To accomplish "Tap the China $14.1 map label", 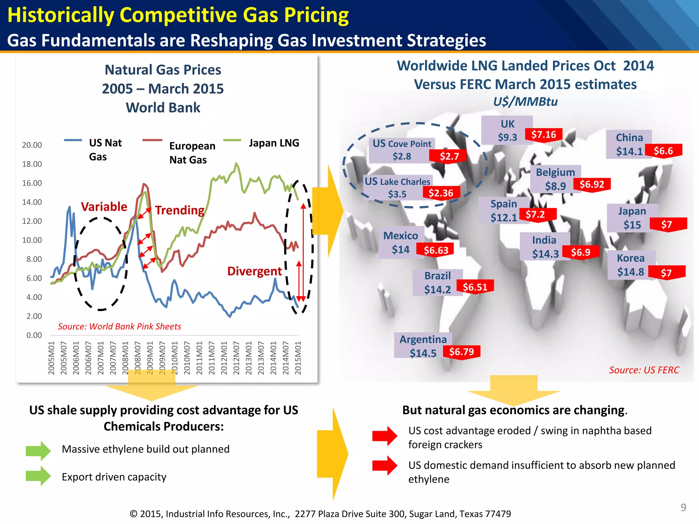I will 629,144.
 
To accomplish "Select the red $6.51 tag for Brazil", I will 475,287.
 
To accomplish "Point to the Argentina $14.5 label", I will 423,346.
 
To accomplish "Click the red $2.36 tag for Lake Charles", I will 441,193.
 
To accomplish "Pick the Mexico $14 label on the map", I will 401,242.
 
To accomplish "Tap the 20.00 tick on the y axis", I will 32,145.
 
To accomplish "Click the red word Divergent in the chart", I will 254,271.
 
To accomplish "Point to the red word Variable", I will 104,206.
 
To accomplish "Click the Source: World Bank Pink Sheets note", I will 119,326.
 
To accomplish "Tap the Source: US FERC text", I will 644,370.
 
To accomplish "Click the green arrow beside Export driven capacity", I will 38,476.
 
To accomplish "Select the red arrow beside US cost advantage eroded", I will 385,436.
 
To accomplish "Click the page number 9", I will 683,507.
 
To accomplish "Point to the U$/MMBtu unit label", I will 525,101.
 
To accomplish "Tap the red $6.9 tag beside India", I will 580,252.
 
